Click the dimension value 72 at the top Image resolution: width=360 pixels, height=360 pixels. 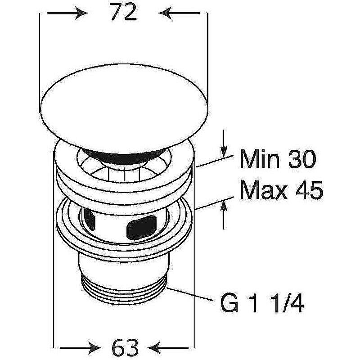coord(123,12)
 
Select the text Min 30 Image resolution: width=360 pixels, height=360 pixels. coord(278,158)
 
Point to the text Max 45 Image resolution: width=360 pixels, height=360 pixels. coord(281,189)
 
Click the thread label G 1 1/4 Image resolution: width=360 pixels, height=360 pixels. coord(262,303)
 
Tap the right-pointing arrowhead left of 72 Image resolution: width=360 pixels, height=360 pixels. coord(81,13)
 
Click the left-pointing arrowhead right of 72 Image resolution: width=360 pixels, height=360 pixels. coord(166,13)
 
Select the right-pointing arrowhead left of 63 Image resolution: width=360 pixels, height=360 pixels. coord(94,348)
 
